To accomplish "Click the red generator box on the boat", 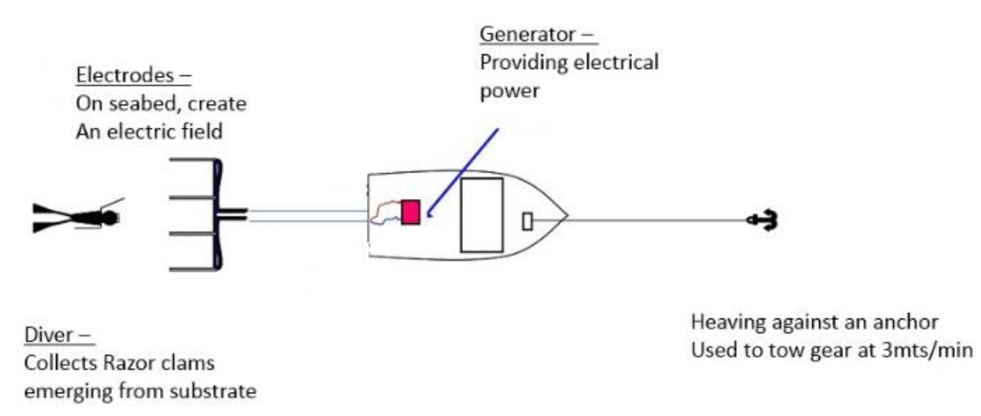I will [411, 212].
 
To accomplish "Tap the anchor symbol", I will [763, 219].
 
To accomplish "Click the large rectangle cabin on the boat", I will [482, 214].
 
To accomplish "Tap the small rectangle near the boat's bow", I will [527, 220].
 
